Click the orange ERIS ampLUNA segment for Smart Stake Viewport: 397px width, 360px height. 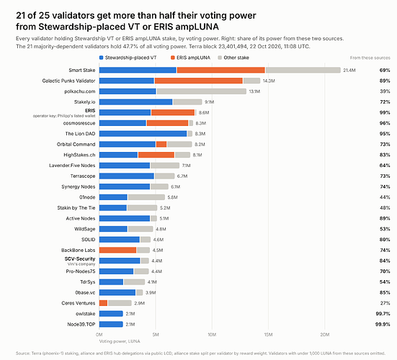[220, 70]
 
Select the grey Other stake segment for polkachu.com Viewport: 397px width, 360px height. [202, 91]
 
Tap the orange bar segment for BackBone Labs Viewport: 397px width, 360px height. [117, 251]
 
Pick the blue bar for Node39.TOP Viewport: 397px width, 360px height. [111, 324]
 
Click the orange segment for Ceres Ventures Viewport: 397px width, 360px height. [103, 303]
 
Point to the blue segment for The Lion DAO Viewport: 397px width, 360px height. [143, 134]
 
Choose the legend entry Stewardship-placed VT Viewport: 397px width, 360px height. [128, 58]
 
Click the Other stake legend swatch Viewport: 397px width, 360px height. [220, 58]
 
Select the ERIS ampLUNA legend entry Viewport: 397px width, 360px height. [190, 58]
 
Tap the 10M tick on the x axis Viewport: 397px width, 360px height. [212, 335]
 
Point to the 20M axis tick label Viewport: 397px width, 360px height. [324, 335]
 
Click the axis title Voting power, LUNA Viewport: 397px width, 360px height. [120, 341]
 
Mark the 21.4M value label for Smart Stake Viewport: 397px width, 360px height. [349, 70]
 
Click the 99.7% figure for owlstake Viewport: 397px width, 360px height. [383, 314]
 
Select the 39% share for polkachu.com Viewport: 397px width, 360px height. [385, 91]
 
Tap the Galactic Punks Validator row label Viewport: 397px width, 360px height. [68, 81]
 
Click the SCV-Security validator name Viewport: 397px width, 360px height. [80, 258]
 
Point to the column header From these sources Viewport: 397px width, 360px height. [370, 58]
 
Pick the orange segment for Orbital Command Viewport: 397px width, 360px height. [161, 144]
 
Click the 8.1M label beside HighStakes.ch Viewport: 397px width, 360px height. [197, 155]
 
